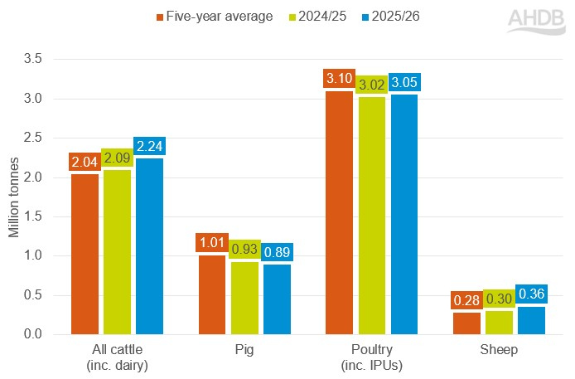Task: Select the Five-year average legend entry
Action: point(215,17)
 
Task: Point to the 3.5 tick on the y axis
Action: point(32,60)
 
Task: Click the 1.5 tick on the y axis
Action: point(32,216)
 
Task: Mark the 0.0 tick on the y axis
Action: point(32,334)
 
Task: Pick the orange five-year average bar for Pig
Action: point(212,294)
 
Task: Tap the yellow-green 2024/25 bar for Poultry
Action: point(373,216)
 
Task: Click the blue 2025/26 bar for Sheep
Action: point(532,320)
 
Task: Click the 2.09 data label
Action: point(117,158)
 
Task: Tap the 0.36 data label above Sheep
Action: point(532,294)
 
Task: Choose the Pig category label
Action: point(244,350)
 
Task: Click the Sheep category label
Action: point(500,350)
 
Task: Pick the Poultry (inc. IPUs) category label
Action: point(372,357)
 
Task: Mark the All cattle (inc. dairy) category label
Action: point(117,357)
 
